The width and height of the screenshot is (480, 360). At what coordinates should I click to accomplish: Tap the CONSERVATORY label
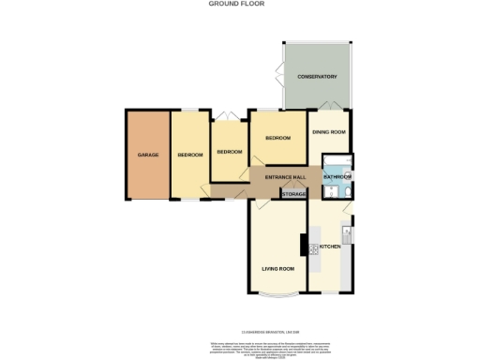tap(316, 75)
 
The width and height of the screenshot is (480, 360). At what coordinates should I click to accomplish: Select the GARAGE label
tap(147, 154)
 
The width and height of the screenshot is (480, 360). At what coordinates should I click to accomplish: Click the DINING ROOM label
tap(328, 132)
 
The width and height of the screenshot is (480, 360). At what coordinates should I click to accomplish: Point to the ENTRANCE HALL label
tap(286, 176)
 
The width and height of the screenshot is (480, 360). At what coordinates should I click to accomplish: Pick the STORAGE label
tap(293, 194)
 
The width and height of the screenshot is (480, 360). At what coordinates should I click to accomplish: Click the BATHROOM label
tap(337, 176)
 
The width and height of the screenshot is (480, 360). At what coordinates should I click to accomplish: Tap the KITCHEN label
tap(331, 247)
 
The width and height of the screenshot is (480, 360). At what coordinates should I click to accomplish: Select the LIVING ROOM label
tap(277, 269)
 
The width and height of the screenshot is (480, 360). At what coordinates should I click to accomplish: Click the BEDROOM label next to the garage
tap(190, 154)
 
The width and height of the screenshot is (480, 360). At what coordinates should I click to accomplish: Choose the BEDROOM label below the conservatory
tap(277, 138)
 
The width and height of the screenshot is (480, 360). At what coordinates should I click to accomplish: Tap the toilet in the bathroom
tap(344, 192)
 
